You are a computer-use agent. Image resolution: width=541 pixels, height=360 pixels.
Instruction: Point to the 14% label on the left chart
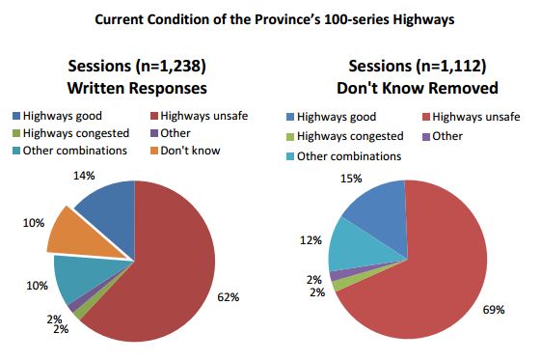84,175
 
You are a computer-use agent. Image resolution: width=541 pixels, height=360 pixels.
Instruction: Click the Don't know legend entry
190,151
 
